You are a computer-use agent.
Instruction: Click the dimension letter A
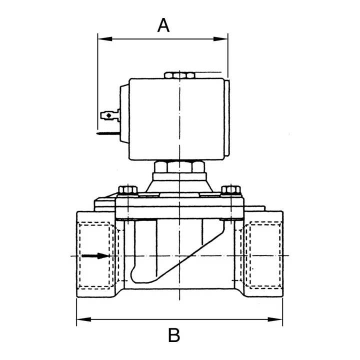coord(163,25)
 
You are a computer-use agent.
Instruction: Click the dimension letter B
coord(173,335)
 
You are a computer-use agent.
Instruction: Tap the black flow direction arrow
coord(95,256)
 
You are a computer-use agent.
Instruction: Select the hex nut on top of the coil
coord(179,75)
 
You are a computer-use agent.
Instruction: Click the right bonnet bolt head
coord(230,190)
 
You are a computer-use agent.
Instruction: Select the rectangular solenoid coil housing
coord(179,119)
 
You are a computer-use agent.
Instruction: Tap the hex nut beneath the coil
coord(178,166)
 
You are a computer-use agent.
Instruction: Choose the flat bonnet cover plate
coord(178,208)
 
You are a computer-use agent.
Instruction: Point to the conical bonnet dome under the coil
coord(178,184)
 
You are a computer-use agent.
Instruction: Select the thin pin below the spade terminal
coord(107,133)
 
